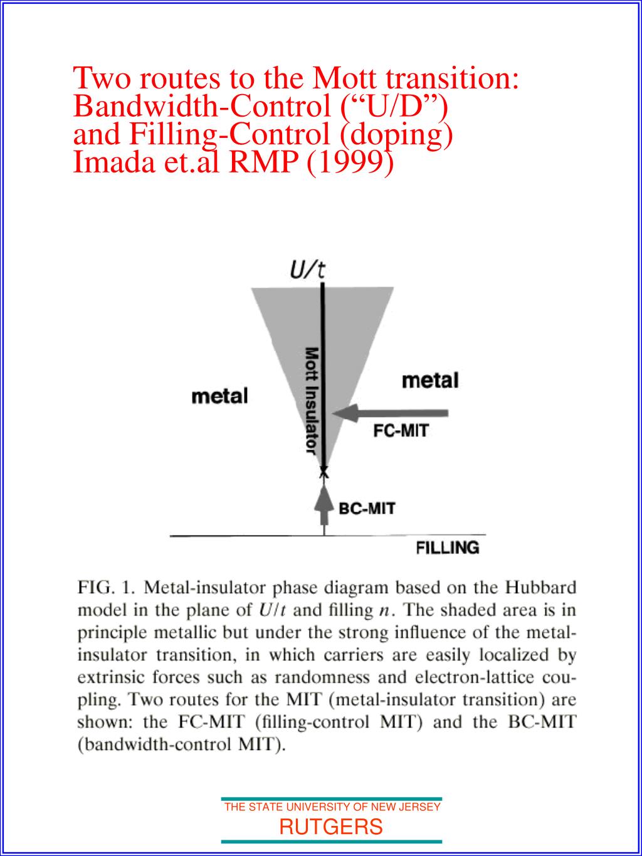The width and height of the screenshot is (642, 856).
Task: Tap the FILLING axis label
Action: [x=448, y=547]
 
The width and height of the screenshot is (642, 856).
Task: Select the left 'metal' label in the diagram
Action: [x=219, y=396]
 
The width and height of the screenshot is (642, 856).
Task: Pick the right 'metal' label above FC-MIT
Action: [x=430, y=380]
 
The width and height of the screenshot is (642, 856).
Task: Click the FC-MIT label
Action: [x=401, y=431]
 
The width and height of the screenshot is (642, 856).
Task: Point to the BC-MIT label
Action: [x=367, y=508]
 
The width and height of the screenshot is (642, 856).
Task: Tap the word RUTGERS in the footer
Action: [x=330, y=827]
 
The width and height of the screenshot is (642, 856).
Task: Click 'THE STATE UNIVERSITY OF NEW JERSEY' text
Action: [x=332, y=807]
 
